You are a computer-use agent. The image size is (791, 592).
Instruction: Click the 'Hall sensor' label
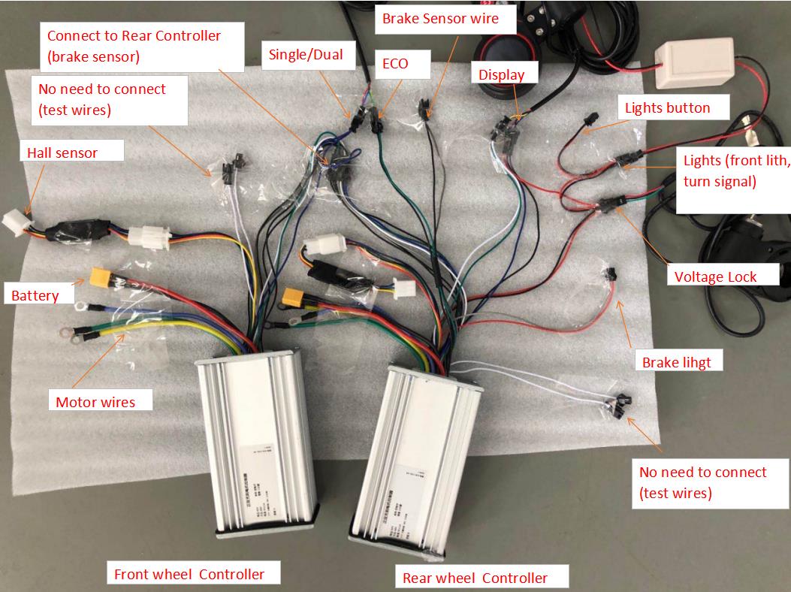[x=62, y=153]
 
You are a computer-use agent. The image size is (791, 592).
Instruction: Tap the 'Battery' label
[x=35, y=295]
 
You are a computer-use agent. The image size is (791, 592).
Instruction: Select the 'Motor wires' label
[x=95, y=402]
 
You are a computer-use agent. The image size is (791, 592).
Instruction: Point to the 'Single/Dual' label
[x=306, y=54]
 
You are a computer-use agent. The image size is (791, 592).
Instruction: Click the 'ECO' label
[x=395, y=64]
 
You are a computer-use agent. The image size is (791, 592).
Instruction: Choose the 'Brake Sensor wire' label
[x=439, y=18]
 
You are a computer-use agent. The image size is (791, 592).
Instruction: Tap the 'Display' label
[x=501, y=74]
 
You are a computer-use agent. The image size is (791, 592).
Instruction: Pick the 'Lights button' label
[x=667, y=108]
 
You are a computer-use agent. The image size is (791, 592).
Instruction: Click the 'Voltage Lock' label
[x=715, y=276]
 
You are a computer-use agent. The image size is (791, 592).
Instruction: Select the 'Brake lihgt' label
[x=676, y=362]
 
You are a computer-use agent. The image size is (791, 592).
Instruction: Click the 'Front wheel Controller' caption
[x=189, y=575]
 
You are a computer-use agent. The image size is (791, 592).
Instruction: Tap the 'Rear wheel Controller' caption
[x=475, y=578]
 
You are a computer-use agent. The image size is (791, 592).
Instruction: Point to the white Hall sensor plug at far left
[x=14, y=220]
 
